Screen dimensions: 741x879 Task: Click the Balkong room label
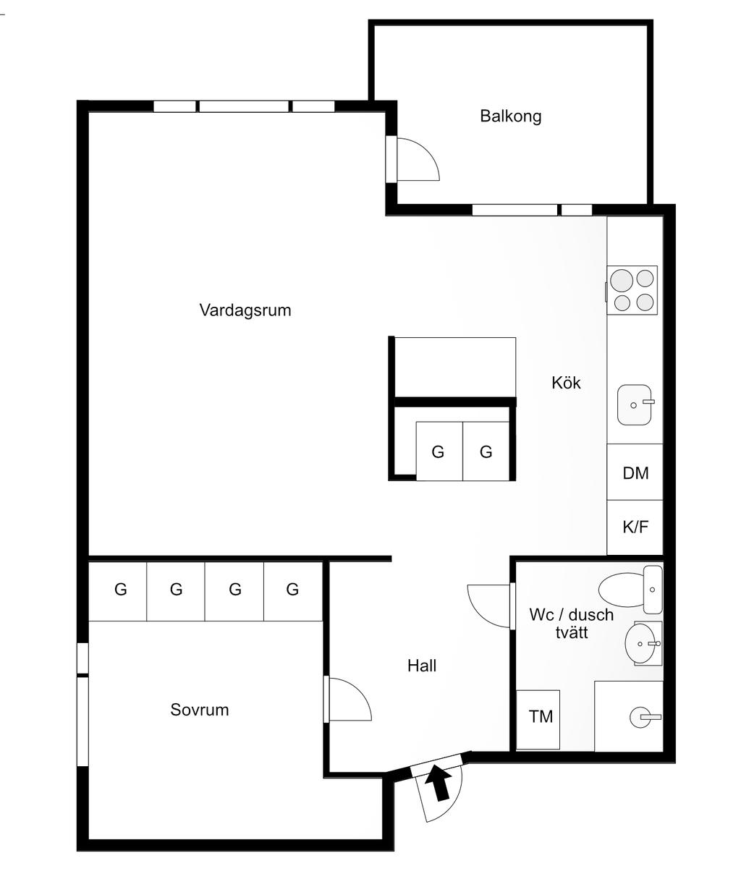tap(510, 116)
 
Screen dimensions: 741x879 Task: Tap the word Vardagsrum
tap(245, 310)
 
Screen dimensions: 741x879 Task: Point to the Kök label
tap(566, 383)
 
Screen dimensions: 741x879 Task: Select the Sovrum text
tap(200, 710)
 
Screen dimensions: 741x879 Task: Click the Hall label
tap(422, 666)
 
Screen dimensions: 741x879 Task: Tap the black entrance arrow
tap(439, 783)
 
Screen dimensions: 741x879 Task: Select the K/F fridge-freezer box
tap(635, 527)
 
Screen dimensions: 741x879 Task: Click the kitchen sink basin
tap(635, 404)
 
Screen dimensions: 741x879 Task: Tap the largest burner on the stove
tap(622, 281)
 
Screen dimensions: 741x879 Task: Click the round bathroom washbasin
tap(640, 643)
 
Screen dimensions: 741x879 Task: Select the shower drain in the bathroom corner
tap(640, 717)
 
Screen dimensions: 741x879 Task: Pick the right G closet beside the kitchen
tap(486, 451)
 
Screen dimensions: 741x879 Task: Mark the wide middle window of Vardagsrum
tap(244, 106)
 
